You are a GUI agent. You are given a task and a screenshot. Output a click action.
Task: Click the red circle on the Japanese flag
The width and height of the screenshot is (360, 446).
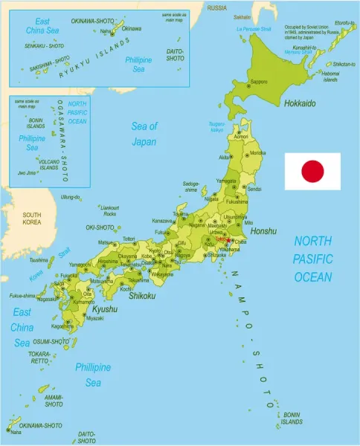click(312, 172)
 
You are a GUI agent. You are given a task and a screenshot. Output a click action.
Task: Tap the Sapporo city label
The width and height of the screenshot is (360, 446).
click(259, 82)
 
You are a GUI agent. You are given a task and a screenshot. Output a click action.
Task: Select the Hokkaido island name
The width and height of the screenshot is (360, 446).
click(300, 103)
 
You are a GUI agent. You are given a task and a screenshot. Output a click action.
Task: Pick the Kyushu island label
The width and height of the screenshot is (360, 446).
click(105, 308)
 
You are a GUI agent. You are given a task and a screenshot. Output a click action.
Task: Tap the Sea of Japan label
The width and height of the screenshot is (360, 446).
click(144, 133)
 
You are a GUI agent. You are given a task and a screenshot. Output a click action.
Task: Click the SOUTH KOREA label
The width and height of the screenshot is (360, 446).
click(32, 219)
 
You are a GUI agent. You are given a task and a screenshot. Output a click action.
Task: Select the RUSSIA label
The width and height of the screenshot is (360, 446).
click(216, 7)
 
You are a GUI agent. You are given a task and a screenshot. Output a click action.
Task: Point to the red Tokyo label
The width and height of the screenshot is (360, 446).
click(223, 240)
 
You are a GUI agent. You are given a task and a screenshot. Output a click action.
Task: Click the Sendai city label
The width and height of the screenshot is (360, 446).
click(254, 190)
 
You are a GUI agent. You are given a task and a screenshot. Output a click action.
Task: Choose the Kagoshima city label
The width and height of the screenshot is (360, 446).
click(62, 326)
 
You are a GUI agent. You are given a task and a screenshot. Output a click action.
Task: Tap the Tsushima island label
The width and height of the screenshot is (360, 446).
click(39, 260)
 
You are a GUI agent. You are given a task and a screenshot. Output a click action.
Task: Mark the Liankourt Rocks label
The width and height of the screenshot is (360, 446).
click(109, 210)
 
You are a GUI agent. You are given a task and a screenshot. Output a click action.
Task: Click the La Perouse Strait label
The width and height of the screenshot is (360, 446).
click(254, 29)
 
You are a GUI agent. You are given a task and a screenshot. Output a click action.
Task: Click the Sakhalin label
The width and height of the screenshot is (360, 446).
click(242, 16)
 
